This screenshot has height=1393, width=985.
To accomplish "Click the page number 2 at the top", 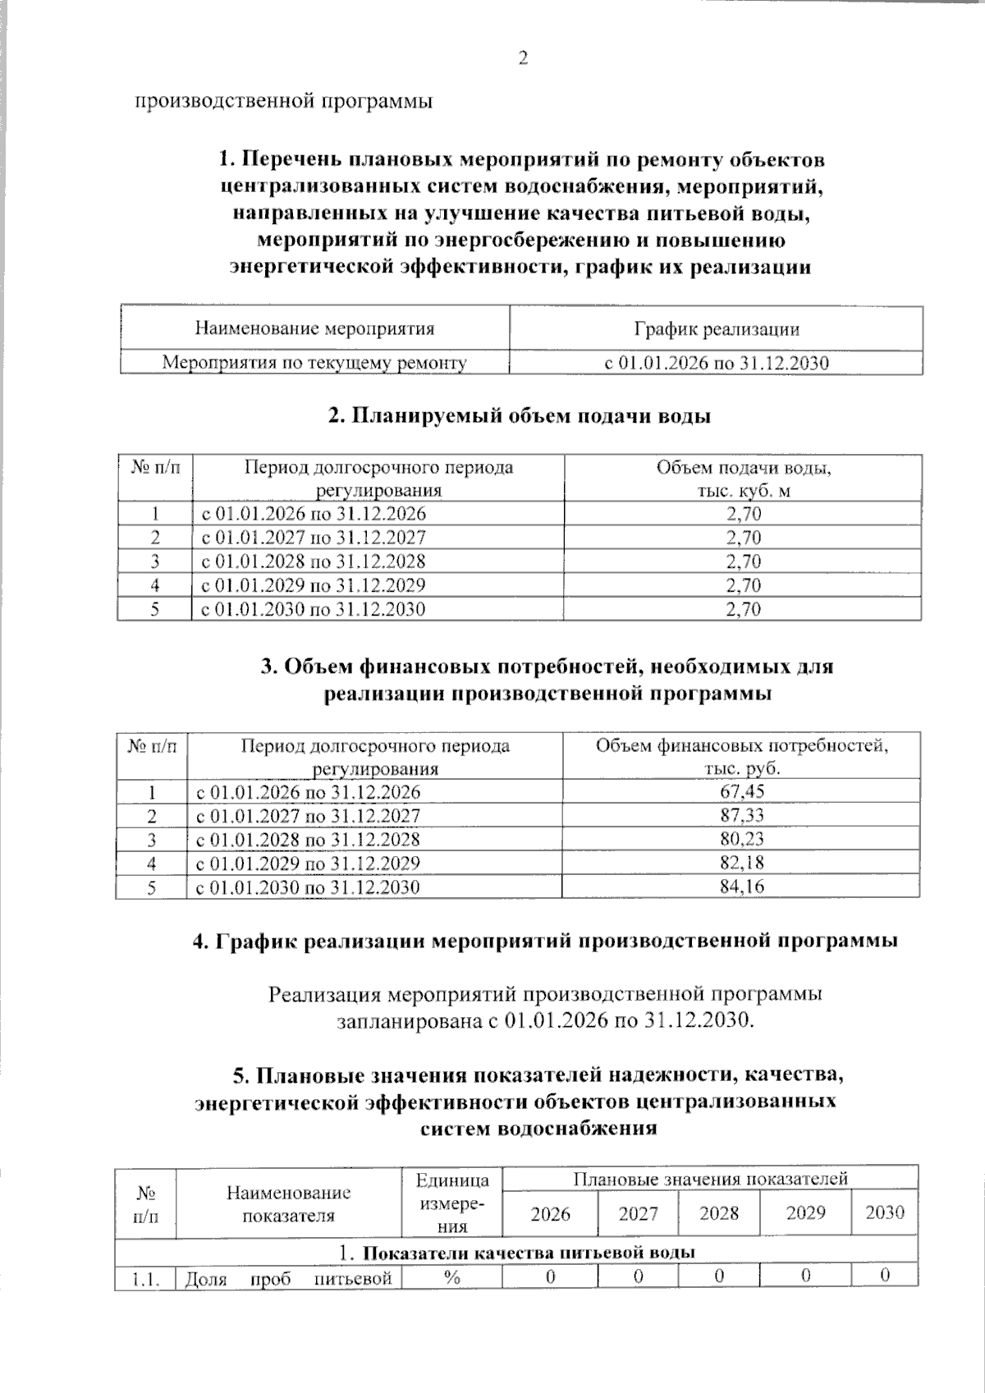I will point(522,58).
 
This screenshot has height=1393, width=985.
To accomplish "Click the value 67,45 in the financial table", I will point(741,791).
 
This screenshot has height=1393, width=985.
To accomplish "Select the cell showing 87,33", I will point(741,815).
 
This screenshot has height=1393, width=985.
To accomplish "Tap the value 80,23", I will point(741,839).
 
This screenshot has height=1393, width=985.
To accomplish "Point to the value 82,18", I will point(741,863).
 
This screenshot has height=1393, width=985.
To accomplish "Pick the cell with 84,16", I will point(741,887).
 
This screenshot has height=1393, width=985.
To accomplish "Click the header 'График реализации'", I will point(716,329).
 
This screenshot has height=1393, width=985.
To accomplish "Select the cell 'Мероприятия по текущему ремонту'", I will point(314,362).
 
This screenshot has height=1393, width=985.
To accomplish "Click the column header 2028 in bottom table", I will point(719,1213).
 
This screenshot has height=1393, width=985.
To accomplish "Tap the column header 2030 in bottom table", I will point(885,1212).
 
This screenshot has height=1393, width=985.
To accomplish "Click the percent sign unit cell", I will point(451,1277).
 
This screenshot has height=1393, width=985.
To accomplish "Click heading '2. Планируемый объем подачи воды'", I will point(519,416).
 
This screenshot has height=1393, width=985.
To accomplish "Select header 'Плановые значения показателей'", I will point(710,1179).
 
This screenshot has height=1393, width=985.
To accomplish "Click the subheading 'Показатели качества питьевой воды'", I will point(529,1253).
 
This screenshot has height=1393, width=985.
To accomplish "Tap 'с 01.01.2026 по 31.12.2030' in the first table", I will point(716,363).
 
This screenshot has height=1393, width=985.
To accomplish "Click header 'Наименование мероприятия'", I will point(314,329).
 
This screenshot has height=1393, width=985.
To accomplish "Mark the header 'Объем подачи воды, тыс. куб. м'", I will point(743,479).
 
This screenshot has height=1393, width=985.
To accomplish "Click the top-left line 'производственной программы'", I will point(284,101).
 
